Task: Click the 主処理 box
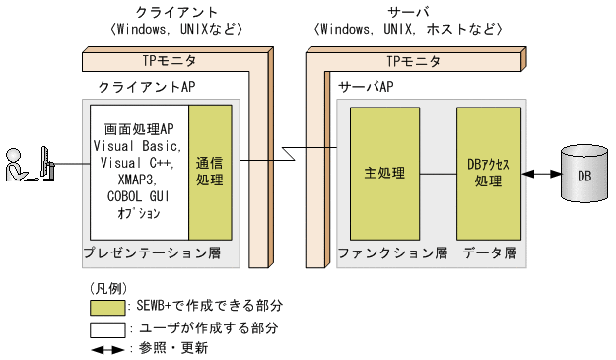[384, 172]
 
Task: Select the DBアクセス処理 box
[489, 172]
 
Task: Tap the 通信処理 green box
[210, 172]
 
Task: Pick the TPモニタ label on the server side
[413, 61]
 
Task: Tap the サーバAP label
[368, 87]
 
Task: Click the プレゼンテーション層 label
[150, 253]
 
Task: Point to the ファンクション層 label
[392, 253]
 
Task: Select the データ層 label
[491, 253]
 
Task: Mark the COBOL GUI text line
[138, 197]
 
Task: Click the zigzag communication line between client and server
[285, 155]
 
